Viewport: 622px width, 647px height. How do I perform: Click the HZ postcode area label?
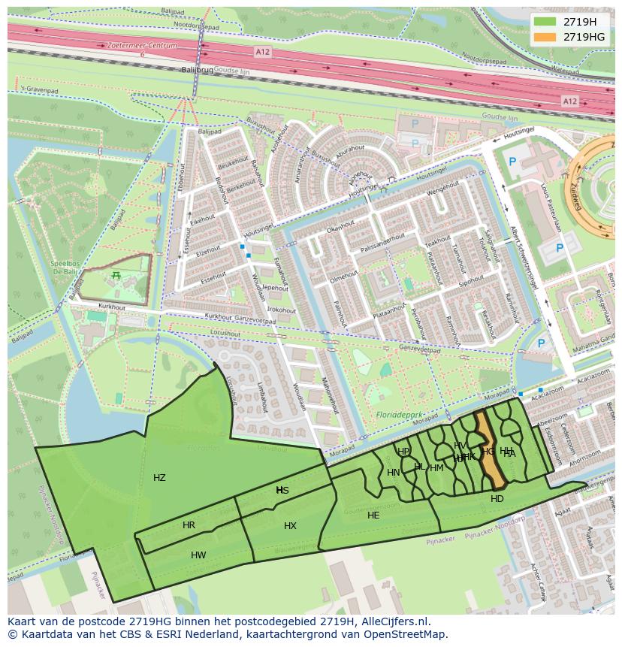pos(159,478)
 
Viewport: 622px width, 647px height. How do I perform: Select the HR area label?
pos(189,525)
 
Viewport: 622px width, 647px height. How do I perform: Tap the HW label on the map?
pos(198,555)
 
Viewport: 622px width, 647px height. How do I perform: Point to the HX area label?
pos(290,526)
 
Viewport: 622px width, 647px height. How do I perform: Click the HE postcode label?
pos(373,515)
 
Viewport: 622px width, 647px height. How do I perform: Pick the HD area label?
pos(497,498)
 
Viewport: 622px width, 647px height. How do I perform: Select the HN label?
pos(393,473)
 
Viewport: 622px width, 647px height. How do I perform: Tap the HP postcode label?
pos(403,452)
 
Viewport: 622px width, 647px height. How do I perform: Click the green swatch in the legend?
pos(545,22)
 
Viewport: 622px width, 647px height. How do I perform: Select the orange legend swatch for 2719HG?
pos(545,37)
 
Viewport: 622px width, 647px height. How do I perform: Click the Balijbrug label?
pos(198,70)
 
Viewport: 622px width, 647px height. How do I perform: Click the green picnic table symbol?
pos(116,276)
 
